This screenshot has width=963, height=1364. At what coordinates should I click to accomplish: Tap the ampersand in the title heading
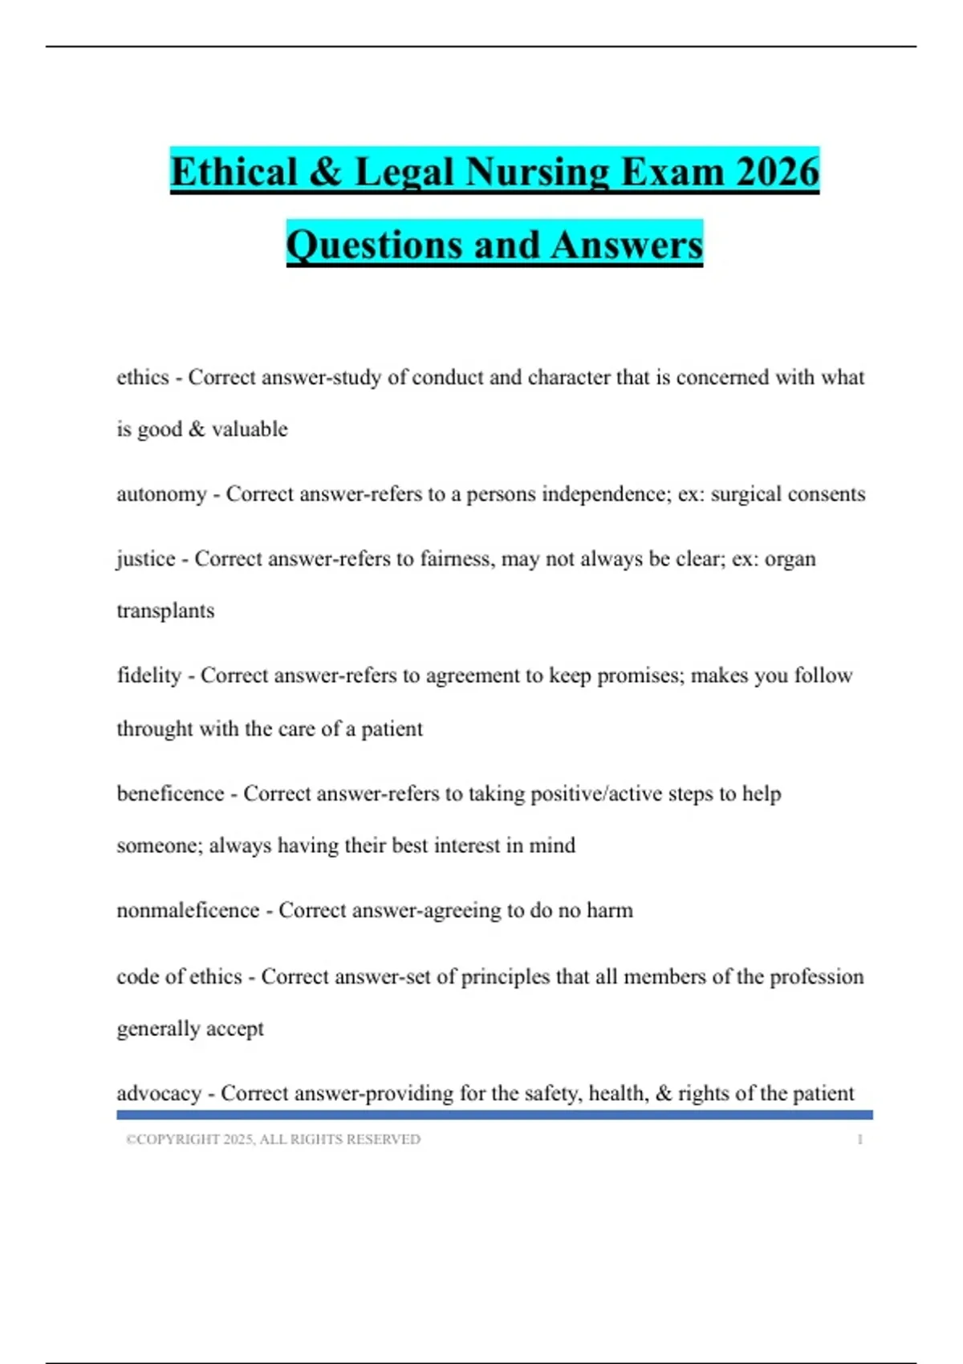[325, 172]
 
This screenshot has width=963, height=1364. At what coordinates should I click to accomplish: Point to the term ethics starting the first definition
[143, 377]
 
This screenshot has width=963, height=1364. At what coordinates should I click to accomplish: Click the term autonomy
[161, 494]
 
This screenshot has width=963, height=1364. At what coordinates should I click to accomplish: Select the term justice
[146, 558]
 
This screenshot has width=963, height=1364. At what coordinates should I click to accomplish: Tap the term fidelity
[149, 676]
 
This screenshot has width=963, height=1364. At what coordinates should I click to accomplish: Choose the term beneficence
[170, 794]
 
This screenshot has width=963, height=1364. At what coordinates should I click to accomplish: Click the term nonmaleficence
[188, 911]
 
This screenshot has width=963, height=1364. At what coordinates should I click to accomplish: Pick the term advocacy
[159, 1094]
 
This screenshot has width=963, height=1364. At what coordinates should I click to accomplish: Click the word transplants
[165, 611]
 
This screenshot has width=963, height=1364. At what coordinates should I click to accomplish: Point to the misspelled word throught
[155, 729]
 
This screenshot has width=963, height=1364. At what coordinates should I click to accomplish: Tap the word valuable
[250, 429]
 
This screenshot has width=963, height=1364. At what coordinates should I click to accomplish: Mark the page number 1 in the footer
[859, 1139]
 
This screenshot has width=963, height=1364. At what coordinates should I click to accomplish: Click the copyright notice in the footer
[273, 1139]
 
